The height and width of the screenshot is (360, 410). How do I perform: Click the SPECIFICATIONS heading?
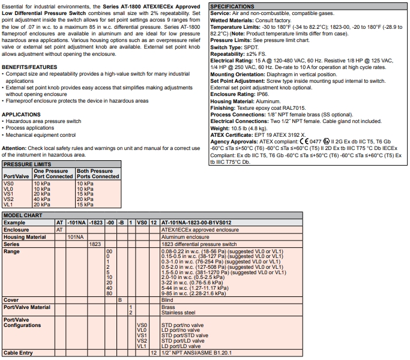pos(232,6)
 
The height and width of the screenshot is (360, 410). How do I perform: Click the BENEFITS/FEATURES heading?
pos(29,67)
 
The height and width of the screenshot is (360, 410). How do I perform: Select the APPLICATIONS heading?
pos(21,114)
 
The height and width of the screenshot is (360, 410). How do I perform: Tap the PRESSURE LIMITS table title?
pos(27,163)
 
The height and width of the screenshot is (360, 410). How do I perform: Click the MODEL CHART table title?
pos(22,214)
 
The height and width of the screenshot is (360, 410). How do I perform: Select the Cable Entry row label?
pos(18,353)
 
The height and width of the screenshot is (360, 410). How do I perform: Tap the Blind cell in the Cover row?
pos(167,299)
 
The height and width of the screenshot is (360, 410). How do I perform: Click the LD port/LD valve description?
pos(181,346)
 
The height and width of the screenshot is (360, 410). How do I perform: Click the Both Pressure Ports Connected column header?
pos(98,173)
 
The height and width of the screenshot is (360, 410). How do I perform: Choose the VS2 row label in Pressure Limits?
pos(8,200)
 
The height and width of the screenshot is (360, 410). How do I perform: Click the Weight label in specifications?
pos(220,128)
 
